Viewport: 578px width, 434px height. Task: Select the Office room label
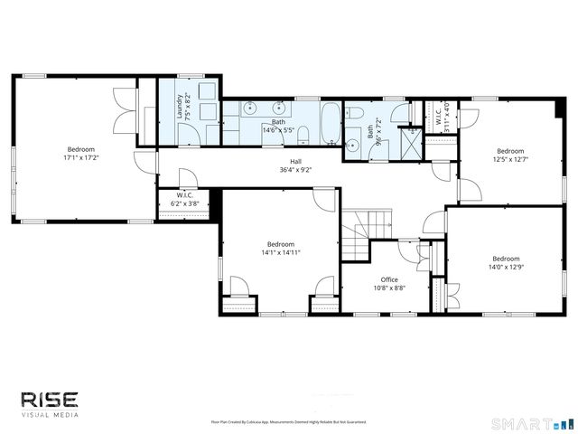point(389,284)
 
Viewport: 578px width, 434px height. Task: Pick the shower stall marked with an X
point(411,134)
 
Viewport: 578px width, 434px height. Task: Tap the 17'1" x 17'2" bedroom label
point(79,154)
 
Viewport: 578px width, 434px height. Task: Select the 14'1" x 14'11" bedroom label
point(280,248)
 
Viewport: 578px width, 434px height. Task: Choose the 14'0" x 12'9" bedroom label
point(505,261)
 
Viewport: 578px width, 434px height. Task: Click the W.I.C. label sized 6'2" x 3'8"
point(185,200)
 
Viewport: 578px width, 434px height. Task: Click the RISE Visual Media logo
point(51,402)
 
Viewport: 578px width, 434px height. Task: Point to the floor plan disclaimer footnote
point(289,422)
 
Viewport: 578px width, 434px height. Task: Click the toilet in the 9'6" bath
point(356,113)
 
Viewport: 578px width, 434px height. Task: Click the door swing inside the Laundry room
point(188,134)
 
